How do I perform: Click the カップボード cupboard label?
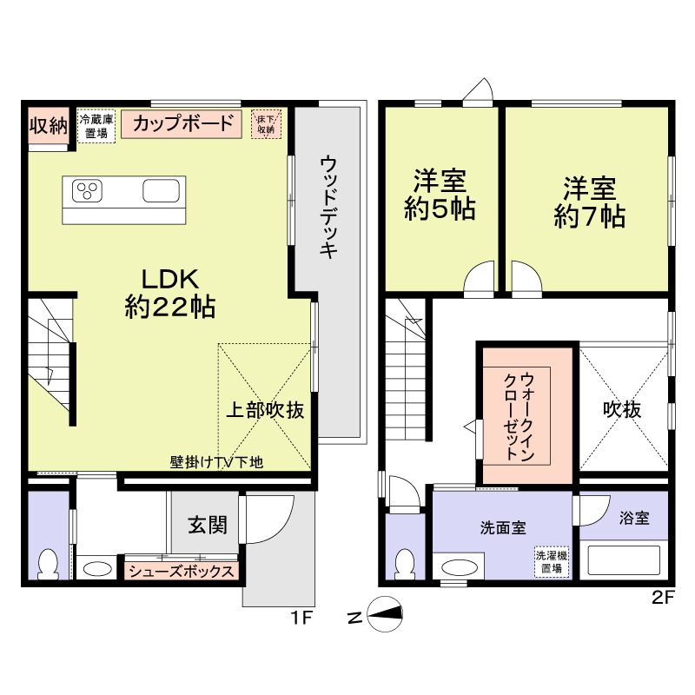[183, 123]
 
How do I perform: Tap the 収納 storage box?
[48, 126]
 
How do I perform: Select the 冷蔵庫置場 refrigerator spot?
[95, 127]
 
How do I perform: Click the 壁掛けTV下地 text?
[216, 463]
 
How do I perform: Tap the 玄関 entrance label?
[208, 525]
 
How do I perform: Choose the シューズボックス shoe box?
[182, 572]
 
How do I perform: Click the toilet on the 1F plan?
[49, 563]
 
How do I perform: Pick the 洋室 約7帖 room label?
[590, 202]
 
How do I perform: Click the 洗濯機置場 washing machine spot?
[548, 562]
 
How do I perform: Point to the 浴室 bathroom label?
[634, 519]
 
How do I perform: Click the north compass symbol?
[386, 616]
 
